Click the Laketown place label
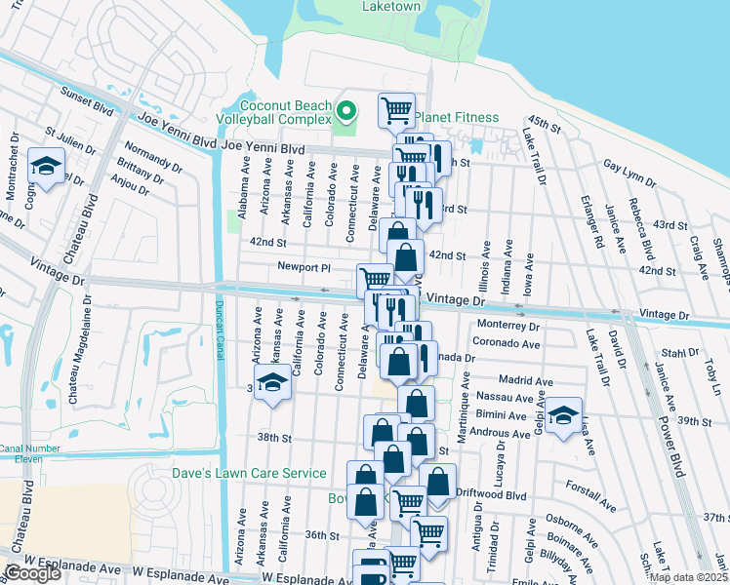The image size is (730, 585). coord(391,6)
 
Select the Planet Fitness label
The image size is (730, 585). coord(456,117)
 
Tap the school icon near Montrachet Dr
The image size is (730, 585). coord(46,167)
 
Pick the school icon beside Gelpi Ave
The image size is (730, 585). coord(563,415)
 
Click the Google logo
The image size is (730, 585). coord(32,573)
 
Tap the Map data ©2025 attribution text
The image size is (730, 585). coord(688,577)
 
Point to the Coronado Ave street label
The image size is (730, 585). coord(507,343)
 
